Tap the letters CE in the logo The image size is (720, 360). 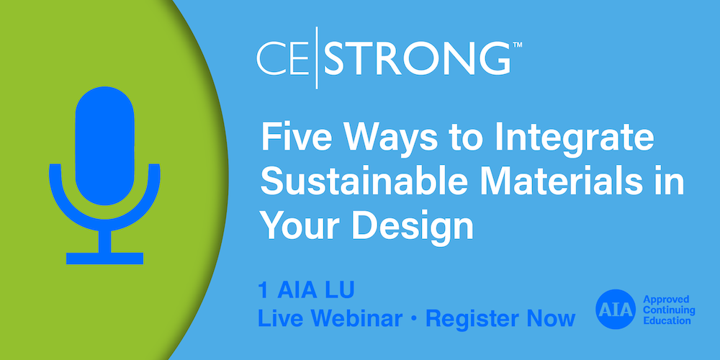click(287, 59)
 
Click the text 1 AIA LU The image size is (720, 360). click(305, 292)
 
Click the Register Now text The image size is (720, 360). click(500, 318)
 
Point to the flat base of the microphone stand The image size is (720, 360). click(104, 258)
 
